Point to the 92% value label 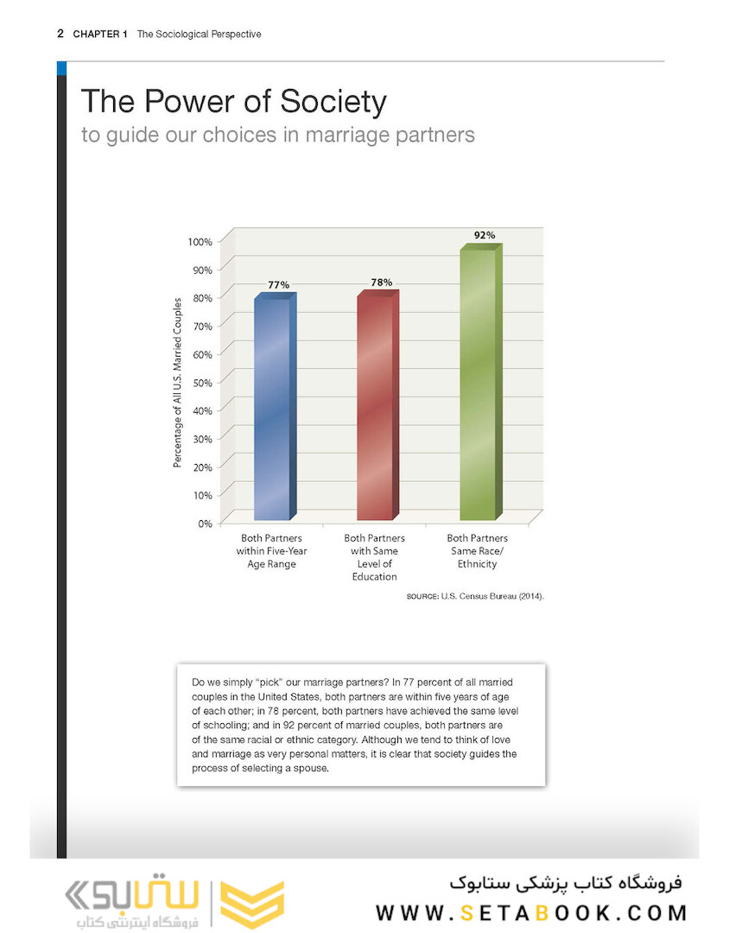tap(485, 235)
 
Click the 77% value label tap(278, 284)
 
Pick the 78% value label tap(381, 282)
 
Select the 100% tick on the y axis tap(198, 241)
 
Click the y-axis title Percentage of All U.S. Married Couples tap(177, 383)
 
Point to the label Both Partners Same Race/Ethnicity tap(478, 550)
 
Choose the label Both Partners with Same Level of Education tap(374, 556)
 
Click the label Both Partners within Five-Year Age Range tap(271, 550)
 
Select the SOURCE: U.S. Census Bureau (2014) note tap(475, 597)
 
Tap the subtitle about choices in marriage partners tap(277, 136)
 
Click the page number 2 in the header tap(60, 34)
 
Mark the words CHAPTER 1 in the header tap(100, 34)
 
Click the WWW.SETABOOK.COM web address tap(531, 912)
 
